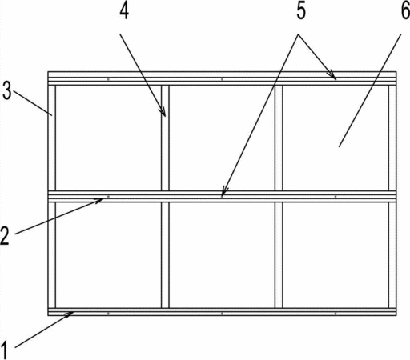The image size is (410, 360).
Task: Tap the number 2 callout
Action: [x=5, y=235]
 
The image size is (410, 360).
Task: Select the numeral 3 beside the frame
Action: [x=7, y=90]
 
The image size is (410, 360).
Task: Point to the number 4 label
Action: [x=124, y=12]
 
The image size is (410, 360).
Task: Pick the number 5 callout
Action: [x=301, y=11]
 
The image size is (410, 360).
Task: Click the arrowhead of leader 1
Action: [x=70, y=314]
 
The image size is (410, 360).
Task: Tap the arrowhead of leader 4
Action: [x=163, y=112]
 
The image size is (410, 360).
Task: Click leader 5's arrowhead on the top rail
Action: [x=333, y=75]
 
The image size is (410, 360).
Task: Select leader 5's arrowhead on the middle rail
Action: [x=224, y=193]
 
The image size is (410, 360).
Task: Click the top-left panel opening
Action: [x=108, y=138]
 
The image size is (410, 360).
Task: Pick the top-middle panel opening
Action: [x=222, y=138]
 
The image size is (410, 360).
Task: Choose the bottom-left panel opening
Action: [x=108, y=255]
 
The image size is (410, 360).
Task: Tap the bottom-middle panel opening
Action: [x=222, y=255]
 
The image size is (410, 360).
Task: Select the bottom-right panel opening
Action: [x=336, y=255]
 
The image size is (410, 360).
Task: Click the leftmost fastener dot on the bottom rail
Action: [x=108, y=314]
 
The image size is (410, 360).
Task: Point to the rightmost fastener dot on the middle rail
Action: [x=336, y=197]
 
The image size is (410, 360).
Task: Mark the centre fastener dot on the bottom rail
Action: [x=222, y=314]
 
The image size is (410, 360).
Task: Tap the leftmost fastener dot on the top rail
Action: [x=108, y=79]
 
